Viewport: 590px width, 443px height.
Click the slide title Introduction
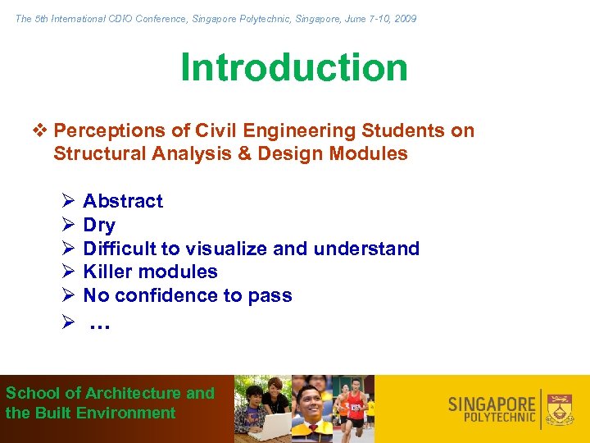294,67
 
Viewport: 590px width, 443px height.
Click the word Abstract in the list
123,201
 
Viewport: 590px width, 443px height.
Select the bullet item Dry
99,225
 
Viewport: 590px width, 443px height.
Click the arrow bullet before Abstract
69,201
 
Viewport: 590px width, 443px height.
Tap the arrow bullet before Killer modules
69,272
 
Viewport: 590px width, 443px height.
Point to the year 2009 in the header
404,18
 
